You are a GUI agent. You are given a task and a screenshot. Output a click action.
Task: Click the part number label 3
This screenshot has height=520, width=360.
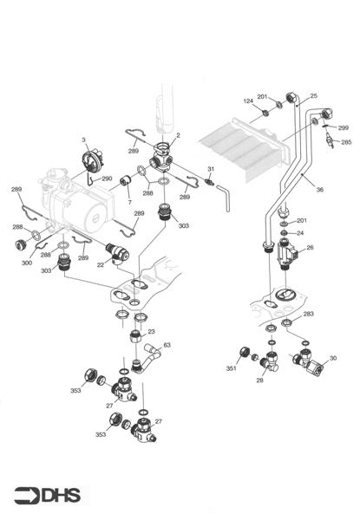84,140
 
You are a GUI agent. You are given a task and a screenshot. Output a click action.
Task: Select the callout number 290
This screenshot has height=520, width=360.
107,179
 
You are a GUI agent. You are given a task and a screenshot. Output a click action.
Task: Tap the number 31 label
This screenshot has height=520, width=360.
210,168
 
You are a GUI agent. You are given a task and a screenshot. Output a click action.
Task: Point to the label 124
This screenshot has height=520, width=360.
248,102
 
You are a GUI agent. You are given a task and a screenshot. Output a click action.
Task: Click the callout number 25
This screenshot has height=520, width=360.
313,95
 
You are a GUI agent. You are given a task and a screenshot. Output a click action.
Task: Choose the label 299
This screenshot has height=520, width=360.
344,127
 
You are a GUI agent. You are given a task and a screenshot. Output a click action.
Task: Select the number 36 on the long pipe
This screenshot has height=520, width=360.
319,190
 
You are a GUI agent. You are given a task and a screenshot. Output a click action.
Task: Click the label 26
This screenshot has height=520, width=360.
310,247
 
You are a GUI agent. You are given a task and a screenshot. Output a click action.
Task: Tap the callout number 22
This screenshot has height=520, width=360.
101,265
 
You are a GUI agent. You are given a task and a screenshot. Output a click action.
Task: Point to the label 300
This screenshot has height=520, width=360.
27,262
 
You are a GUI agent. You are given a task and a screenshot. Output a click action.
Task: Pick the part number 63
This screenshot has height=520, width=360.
167,346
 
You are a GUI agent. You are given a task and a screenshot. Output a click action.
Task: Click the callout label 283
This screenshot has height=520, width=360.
308,314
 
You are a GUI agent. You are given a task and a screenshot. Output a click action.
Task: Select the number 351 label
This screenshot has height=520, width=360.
231,368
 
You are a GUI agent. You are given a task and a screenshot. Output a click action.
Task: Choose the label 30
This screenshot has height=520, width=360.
332,358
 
